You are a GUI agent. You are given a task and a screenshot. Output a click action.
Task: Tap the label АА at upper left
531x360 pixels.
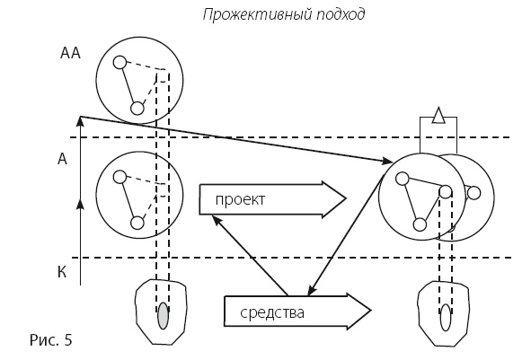[70, 54]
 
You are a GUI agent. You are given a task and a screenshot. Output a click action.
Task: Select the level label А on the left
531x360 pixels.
[62, 159]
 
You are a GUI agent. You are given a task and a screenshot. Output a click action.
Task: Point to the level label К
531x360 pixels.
[62, 271]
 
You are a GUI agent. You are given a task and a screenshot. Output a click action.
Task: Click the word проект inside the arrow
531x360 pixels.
[240, 199]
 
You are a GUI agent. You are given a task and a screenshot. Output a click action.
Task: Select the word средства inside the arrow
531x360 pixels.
[273, 313]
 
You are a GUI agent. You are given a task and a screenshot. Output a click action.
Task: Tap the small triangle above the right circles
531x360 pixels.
[438, 114]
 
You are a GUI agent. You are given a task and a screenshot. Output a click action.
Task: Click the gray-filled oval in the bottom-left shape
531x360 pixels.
[163, 318]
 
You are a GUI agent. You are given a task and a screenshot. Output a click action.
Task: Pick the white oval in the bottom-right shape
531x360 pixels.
[446, 318]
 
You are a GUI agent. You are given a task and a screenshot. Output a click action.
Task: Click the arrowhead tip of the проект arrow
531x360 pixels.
[346, 198]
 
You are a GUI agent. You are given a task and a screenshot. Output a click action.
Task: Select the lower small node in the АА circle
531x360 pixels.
[137, 109]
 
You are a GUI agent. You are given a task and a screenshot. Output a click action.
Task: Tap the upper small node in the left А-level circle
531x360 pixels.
[119, 177]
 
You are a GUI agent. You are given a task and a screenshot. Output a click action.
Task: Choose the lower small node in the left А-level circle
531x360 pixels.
[137, 223]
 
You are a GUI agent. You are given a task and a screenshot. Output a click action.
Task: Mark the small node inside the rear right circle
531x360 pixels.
[473, 192]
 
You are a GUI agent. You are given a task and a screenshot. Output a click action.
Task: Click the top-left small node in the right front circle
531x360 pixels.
[403, 178]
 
